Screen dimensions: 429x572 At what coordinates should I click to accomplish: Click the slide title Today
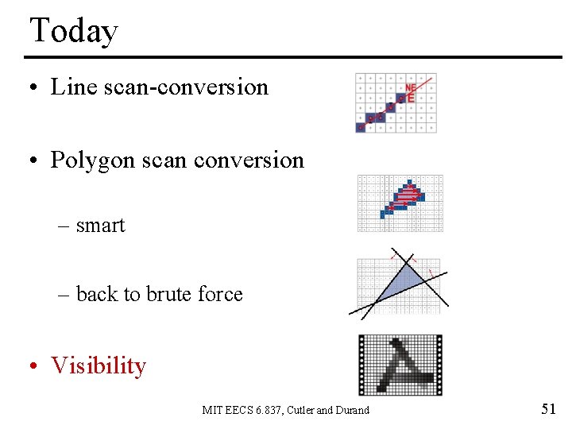coord(74,31)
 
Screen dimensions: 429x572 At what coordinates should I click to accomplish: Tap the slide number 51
coord(548,409)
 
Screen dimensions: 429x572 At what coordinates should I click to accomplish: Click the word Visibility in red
coord(99,365)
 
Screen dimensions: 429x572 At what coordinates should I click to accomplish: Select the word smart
coord(100,226)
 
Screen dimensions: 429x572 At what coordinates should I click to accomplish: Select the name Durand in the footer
coord(352,410)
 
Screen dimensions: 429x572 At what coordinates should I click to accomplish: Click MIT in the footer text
coord(212,410)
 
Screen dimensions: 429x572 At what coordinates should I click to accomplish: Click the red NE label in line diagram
coord(410,87)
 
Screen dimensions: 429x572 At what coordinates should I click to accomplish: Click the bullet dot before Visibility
coord(33,366)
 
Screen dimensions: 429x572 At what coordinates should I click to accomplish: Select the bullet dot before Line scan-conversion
coord(33,87)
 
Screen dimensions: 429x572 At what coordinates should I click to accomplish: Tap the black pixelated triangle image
coord(400,365)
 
